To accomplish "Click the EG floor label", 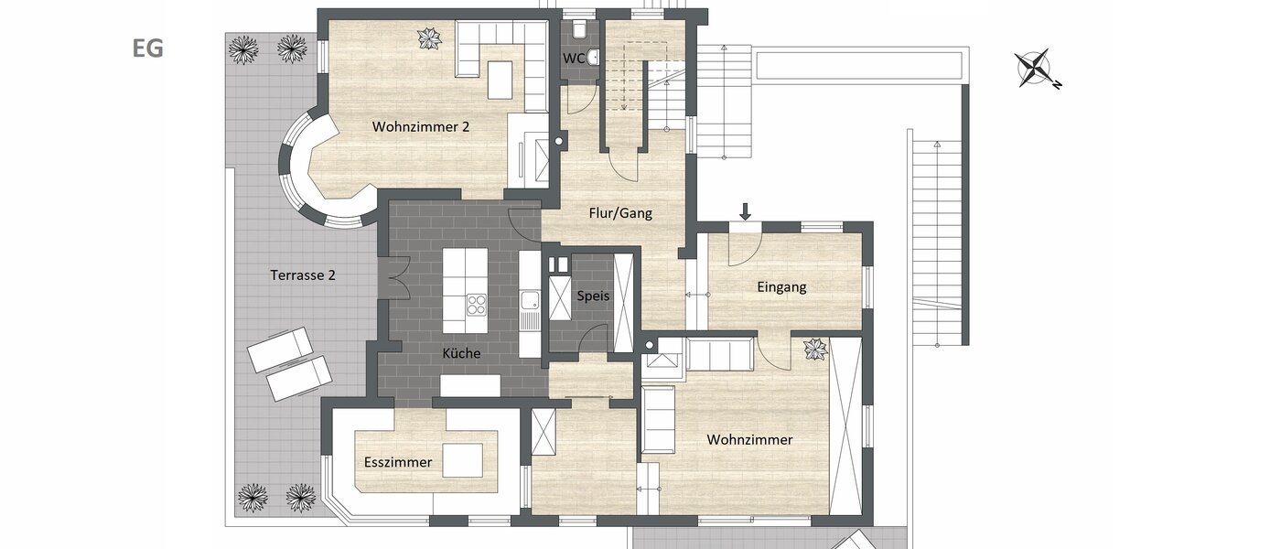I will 147,49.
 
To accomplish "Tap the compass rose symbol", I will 1037,70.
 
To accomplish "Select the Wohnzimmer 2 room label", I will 421,127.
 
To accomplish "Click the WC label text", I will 574,59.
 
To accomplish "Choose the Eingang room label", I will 781,287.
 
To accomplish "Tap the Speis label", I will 592,296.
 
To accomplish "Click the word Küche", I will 461,353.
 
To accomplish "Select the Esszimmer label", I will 397,462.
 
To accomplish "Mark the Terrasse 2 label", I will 303,274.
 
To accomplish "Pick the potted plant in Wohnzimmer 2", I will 429,38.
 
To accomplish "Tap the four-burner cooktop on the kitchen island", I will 477,304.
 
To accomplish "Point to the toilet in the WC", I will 578,31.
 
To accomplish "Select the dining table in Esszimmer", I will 462,460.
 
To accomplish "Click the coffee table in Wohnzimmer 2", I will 500,80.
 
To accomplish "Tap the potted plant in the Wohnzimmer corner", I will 813,349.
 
